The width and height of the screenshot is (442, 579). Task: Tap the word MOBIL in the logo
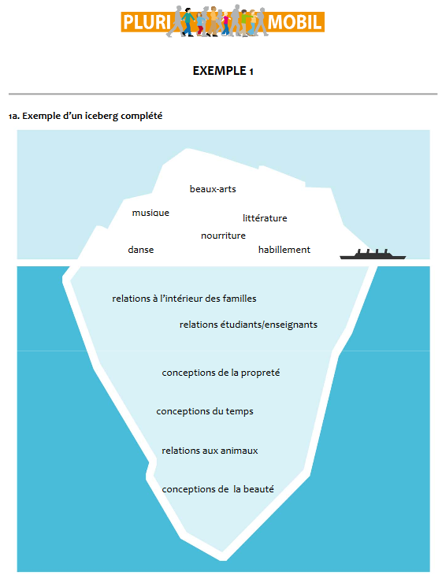pos(295,22)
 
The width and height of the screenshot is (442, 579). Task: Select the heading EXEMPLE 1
pos(223,71)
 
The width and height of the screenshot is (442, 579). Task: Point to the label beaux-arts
pos(213,189)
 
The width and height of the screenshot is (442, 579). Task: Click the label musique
pos(150,213)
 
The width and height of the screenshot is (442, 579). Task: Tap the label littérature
pos(265,218)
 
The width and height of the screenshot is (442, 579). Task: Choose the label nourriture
pos(223,236)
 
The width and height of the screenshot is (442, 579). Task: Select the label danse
pos(141,250)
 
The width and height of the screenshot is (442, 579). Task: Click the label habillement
pos(284,250)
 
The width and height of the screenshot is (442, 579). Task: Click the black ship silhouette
pos(373,254)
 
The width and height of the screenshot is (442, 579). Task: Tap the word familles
pos(240,299)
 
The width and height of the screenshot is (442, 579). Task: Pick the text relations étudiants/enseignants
pos(248,325)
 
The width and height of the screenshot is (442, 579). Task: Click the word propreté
pos(260,373)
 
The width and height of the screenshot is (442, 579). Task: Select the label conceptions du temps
pos(205,411)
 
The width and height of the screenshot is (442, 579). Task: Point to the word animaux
pos(240,451)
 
